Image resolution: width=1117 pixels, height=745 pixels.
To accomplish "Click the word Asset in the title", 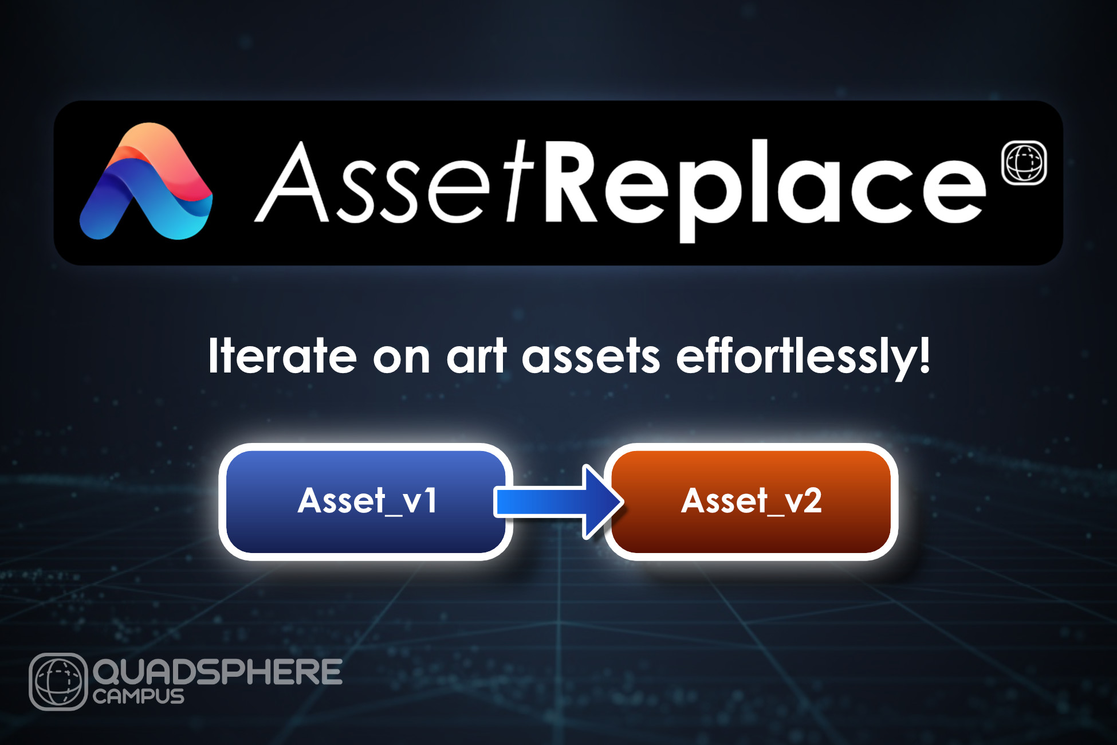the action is [395, 182].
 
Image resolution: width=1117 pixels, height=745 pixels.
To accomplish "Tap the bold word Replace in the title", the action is [765, 189].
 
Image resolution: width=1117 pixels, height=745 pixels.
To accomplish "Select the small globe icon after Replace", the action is [1024, 163].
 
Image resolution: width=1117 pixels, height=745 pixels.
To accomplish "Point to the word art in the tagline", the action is [477, 356].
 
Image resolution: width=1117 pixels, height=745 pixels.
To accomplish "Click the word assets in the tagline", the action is [591, 356].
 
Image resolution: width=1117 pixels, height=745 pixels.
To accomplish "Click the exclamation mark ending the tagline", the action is [924, 355].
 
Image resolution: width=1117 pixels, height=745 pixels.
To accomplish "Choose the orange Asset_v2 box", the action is [751, 501].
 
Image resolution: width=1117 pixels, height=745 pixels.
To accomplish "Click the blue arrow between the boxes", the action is [558, 502].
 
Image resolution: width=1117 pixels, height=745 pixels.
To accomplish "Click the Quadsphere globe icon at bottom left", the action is [58, 681].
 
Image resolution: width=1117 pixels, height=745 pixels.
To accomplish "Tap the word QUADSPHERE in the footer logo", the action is [218, 672].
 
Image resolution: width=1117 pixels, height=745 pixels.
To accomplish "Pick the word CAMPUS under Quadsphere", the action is [139, 696].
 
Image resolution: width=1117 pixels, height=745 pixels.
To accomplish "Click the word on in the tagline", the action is [401, 357].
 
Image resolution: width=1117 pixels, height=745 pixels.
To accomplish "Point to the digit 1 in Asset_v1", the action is [430, 500].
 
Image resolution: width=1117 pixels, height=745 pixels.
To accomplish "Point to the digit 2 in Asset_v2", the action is [812, 500].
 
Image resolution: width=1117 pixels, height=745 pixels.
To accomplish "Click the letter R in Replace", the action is [573, 181].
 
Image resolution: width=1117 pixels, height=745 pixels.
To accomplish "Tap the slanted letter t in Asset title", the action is [519, 182].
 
